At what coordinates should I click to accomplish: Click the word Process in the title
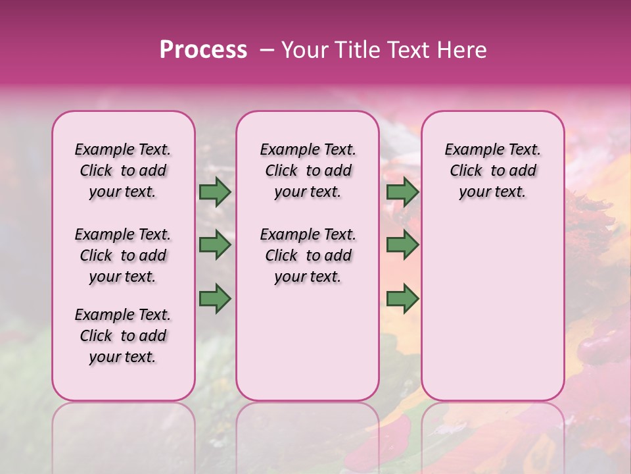(x=203, y=50)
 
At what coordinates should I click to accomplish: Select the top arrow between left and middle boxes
(x=215, y=192)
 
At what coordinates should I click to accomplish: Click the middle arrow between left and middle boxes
(x=215, y=245)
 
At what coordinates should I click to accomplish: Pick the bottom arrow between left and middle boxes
(x=215, y=299)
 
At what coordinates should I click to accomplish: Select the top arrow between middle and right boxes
(x=402, y=192)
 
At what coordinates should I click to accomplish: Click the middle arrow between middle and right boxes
(x=402, y=245)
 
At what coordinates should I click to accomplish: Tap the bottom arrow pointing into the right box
(x=402, y=299)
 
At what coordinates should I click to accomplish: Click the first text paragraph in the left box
(x=123, y=171)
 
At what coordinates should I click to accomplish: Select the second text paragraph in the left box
(x=123, y=255)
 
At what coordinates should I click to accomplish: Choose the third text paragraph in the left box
(x=123, y=336)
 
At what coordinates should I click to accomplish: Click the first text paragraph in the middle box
(x=308, y=171)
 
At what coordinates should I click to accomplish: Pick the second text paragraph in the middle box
(x=308, y=255)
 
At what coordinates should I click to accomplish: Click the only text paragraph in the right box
(x=493, y=171)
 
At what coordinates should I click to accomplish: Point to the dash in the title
(x=266, y=50)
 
